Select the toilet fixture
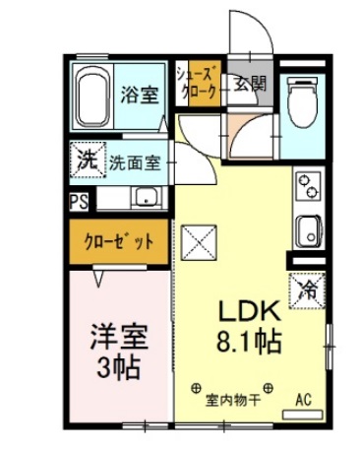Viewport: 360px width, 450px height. click(x=300, y=99)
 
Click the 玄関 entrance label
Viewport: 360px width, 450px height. click(x=249, y=84)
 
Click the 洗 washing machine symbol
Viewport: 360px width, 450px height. click(x=86, y=161)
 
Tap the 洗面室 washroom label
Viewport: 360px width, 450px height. click(x=137, y=161)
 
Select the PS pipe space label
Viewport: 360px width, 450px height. click(x=78, y=202)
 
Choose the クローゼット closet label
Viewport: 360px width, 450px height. click(x=117, y=243)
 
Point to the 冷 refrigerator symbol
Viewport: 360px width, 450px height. click(x=307, y=290)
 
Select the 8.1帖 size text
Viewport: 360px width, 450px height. click(x=250, y=344)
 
